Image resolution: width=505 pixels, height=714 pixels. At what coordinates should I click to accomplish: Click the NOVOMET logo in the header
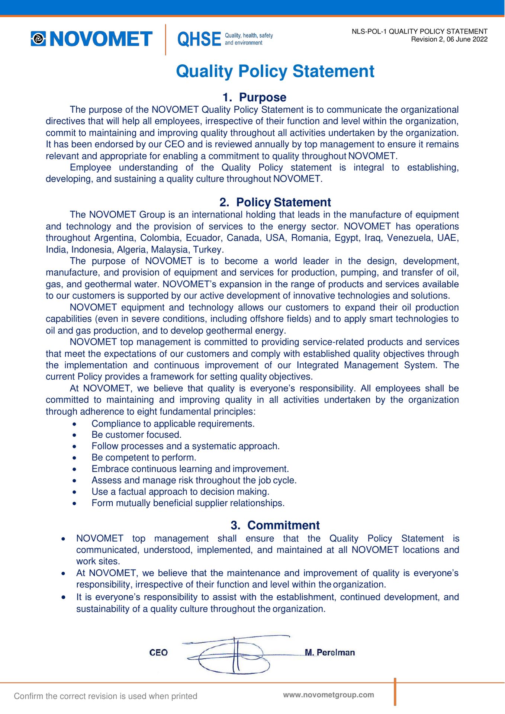(91, 39)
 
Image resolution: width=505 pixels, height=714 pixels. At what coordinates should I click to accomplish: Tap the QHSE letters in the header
(199, 39)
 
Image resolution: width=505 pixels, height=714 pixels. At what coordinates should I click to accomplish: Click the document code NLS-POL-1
(369, 32)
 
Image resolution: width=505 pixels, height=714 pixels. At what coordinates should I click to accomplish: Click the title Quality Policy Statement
(275, 71)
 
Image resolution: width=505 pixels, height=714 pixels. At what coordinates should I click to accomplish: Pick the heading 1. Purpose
(254, 97)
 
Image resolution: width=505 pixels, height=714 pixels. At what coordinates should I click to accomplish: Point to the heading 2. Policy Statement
(275, 202)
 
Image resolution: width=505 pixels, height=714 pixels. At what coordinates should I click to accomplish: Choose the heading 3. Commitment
(275, 525)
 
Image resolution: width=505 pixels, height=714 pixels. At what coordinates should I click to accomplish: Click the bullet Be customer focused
(136, 435)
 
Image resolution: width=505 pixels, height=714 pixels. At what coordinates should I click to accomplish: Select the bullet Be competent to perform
(144, 457)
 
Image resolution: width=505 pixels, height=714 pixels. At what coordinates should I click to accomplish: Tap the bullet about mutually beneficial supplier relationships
(188, 503)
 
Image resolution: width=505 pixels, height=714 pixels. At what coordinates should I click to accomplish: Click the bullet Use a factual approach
(180, 492)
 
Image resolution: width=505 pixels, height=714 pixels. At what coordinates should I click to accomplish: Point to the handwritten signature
(234, 655)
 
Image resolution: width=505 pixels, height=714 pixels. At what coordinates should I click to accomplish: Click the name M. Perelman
(330, 652)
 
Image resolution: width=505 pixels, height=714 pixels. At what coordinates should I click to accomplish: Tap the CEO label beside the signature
(158, 653)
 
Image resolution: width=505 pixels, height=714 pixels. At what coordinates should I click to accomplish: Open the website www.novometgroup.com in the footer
(328, 695)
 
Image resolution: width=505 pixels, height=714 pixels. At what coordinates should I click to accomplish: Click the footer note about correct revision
(106, 696)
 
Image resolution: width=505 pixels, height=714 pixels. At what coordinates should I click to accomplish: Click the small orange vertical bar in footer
(395, 692)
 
